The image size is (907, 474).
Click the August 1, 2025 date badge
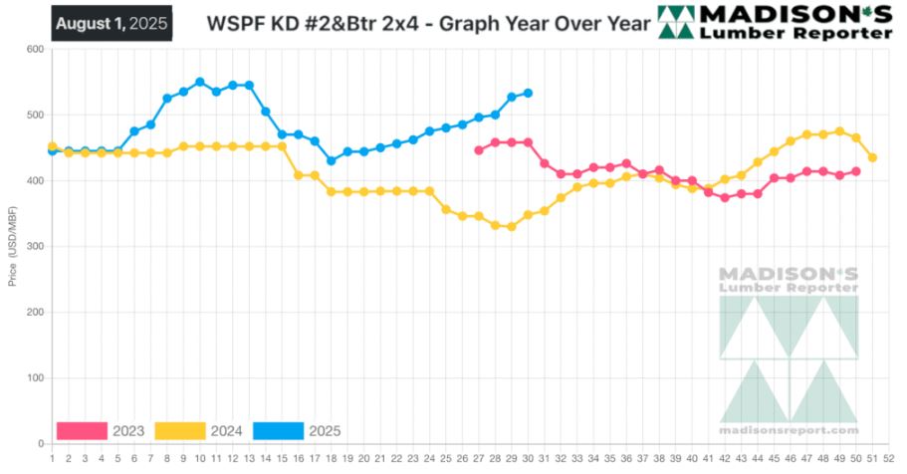tap(112, 23)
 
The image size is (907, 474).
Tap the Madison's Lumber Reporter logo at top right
tap(775, 22)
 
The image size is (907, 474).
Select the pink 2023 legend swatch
tap(82, 431)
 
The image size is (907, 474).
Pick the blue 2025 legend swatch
tap(278, 431)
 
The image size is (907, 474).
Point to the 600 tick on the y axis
tap(33, 49)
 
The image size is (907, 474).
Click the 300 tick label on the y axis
tap(33, 247)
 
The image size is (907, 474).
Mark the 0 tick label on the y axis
tap(40, 444)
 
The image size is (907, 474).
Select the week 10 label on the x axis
tap(200, 459)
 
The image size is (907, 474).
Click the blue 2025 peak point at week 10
tap(200, 82)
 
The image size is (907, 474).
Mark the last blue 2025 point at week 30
tap(528, 93)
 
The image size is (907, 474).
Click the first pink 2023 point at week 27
tap(479, 150)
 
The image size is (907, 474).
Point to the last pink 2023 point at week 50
tap(856, 171)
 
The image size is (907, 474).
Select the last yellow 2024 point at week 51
tap(872, 157)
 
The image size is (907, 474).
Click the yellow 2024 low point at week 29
tap(512, 227)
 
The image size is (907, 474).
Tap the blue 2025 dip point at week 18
tap(332, 160)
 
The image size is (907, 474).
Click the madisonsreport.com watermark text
tap(789, 430)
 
